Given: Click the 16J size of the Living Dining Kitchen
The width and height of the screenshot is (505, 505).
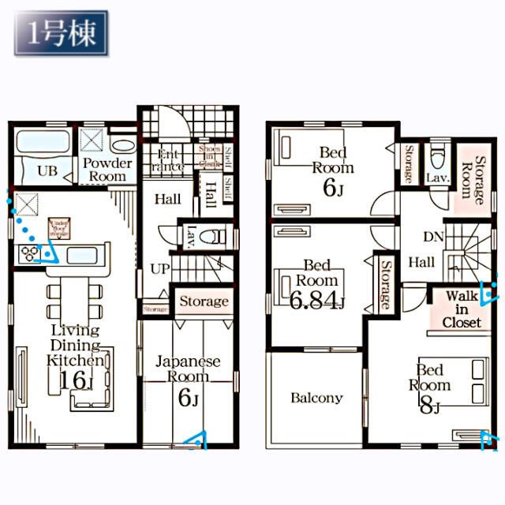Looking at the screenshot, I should pos(76,380).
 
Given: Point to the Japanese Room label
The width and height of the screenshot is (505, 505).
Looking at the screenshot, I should pos(187,369).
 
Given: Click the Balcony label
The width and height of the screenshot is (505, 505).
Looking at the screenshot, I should pos(316,398).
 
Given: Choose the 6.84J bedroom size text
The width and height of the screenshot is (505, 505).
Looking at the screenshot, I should pos(318,299).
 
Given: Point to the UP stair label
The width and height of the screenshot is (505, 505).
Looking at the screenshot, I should pos(160,268).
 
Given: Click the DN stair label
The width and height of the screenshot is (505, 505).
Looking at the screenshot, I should pos(432,237).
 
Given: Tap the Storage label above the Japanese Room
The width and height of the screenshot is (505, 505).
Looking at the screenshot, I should pos(204,301).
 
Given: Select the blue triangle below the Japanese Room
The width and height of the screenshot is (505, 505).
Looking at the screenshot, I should pos(197,440).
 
